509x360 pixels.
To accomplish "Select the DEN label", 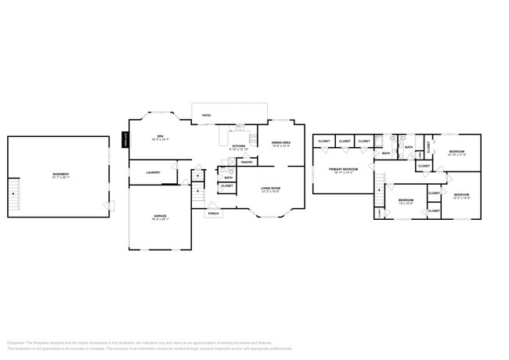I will click(159, 136).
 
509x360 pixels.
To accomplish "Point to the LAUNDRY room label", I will click(153, 172).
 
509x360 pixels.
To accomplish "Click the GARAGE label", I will click(160, 215).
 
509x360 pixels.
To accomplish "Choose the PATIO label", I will click(206, 115).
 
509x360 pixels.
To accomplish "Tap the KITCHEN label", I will click(239, 146).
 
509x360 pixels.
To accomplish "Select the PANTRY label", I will click(246, 162).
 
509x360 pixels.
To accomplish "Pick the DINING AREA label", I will click(280, 142).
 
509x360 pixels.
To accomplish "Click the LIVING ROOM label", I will click(270, 189).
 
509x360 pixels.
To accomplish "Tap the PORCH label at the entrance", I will click(213, 213).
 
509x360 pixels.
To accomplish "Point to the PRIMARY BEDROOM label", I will click(343, 169).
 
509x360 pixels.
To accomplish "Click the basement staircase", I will click(13, 198).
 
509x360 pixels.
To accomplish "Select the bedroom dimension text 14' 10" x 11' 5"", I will click(457, 155).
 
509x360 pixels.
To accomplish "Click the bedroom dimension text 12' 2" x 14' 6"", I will click(461, 198).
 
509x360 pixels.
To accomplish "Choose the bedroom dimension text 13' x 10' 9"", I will click(406, 204).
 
